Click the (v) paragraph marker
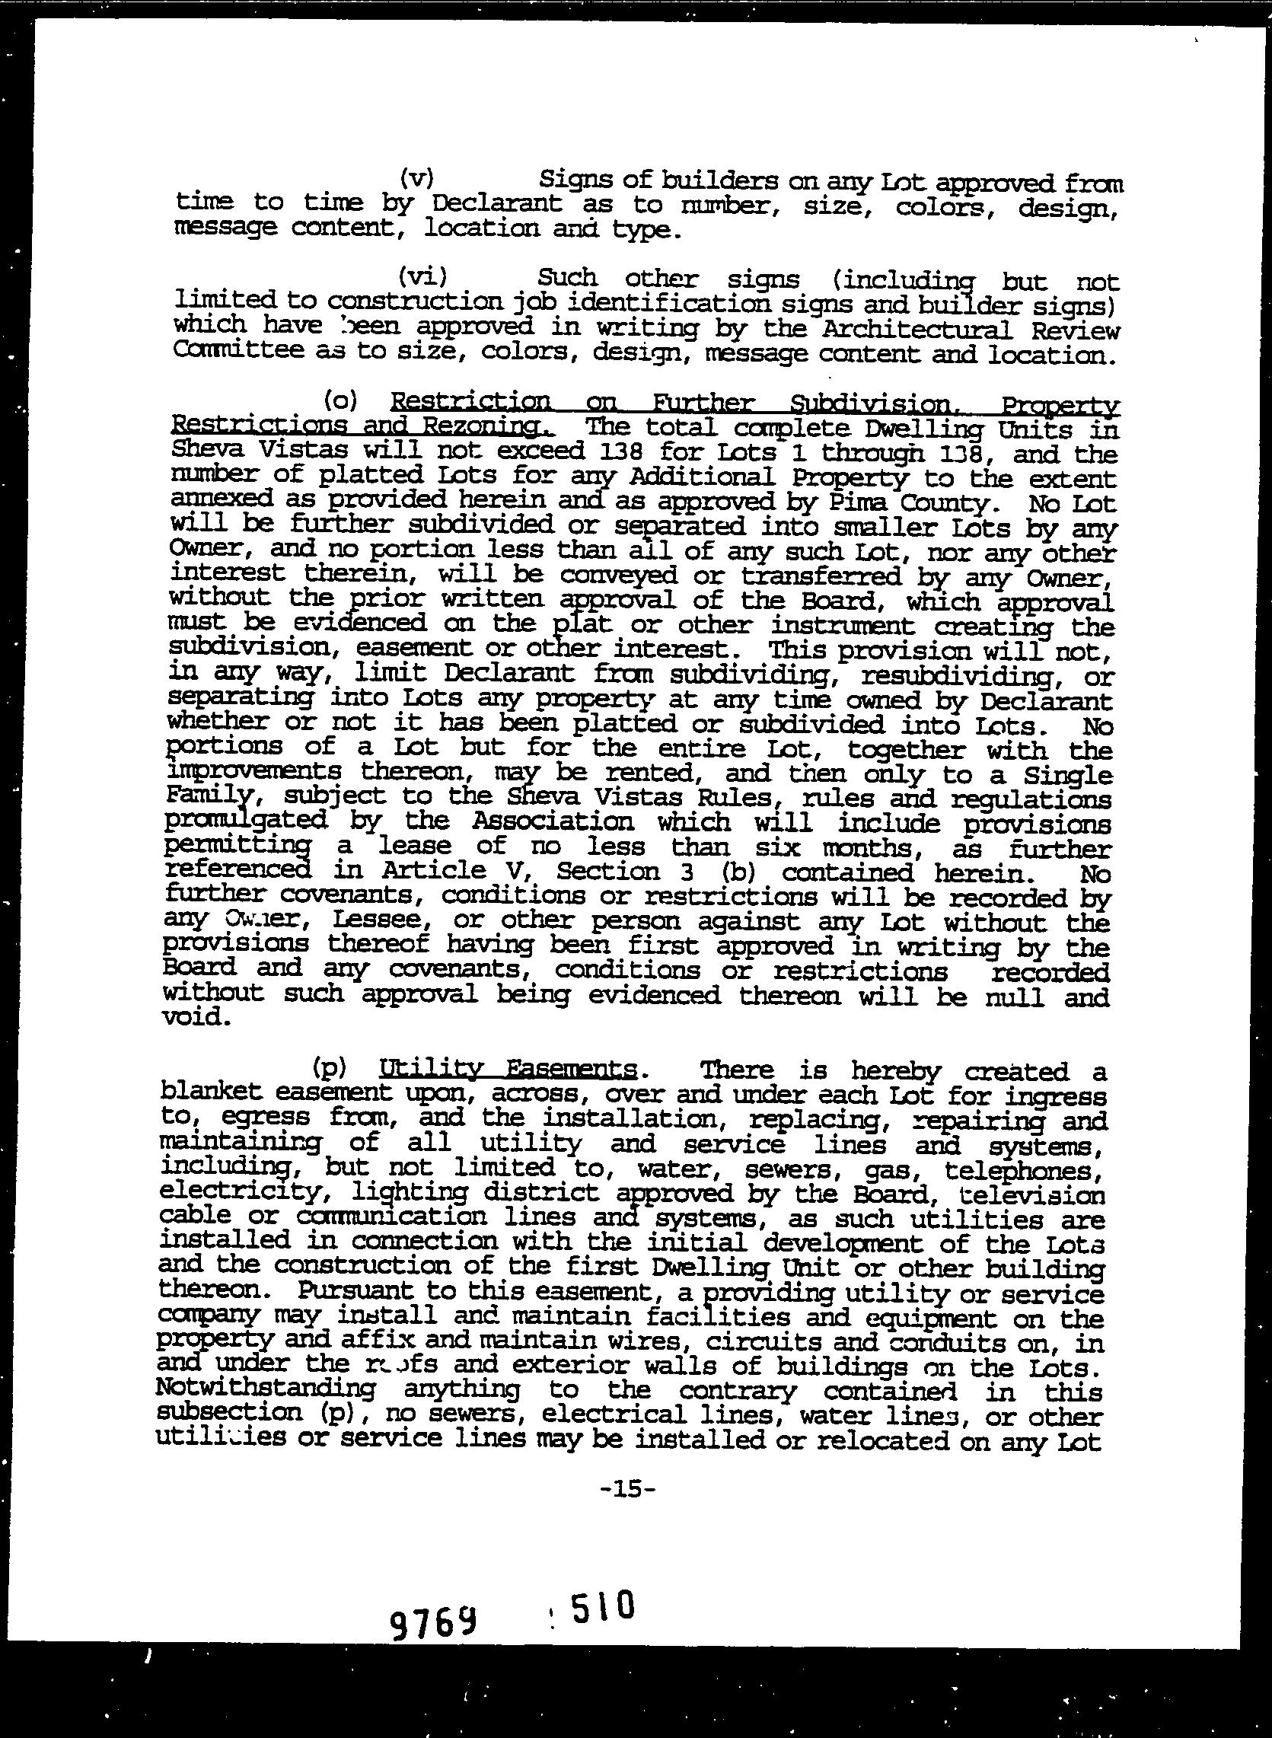coord(416,179)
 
